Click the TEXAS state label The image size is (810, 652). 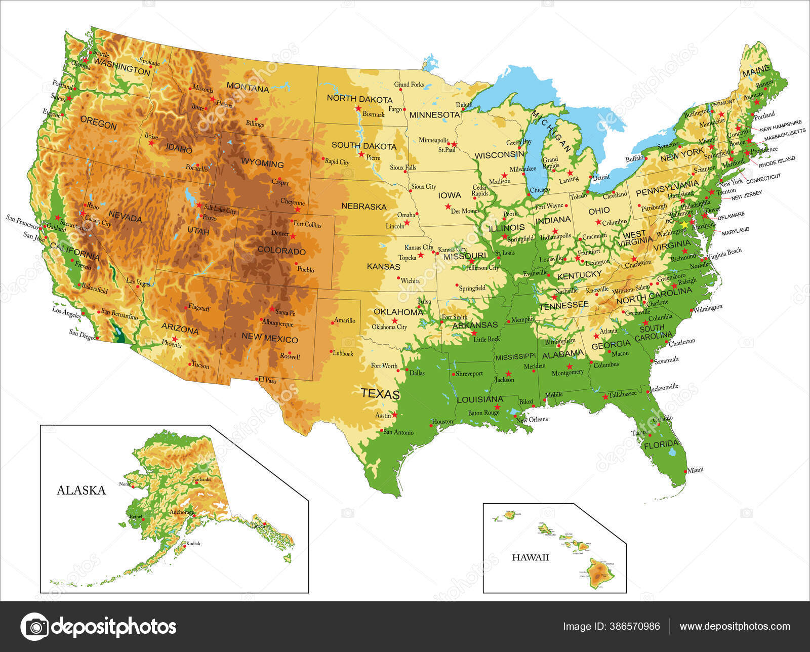click(380, 393)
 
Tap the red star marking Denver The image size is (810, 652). click(293, 236)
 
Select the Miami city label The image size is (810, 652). click(696, 470)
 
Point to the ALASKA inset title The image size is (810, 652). click(81, 490)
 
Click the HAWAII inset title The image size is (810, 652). click(530, 558)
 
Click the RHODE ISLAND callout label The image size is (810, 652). click(777, 161)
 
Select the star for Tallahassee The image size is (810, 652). click(605, 397)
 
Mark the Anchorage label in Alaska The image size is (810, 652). click(182, 512)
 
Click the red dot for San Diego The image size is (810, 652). click(97, 338)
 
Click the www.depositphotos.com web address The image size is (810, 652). click(734, 627)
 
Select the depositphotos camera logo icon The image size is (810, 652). click(34, 627)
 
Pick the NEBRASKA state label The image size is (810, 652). click(363, 206)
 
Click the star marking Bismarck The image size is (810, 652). click(358, 108)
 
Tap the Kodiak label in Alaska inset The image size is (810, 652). click(193, 544)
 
